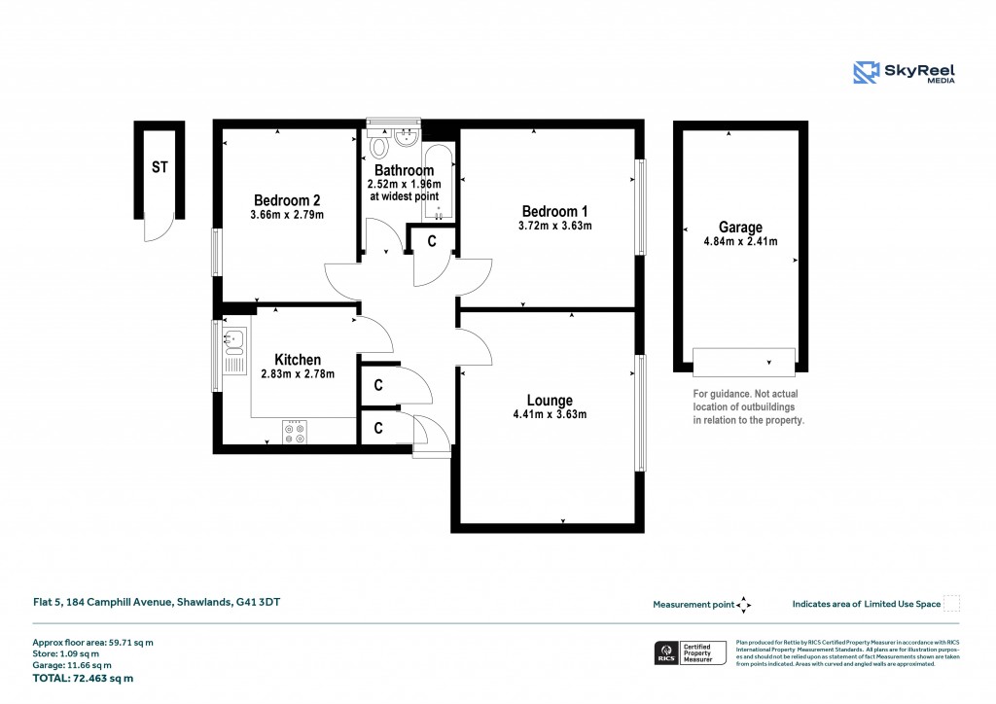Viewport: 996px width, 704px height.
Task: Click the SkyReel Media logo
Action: click(904, 73)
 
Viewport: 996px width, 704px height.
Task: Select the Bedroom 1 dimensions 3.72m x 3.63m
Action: click(554, 226)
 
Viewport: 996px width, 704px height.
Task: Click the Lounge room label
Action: click(550, 400)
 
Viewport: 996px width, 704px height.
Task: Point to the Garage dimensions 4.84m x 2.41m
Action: click(740, 242)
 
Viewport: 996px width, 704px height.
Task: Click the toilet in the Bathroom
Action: click(380, 147)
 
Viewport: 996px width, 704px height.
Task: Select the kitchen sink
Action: click(234, 341)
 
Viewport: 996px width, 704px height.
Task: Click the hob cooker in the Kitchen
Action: click(295, 431)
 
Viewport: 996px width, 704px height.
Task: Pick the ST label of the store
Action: click(160, 167)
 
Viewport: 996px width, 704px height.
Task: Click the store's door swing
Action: click(156, 229)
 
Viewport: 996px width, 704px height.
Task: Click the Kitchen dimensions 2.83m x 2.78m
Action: click(298, 374)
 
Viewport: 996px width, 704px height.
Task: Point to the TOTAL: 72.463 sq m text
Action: click(83, 678)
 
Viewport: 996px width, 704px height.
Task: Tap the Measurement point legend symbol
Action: click(744, 604)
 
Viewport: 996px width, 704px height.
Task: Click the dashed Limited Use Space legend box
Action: click(952, 604)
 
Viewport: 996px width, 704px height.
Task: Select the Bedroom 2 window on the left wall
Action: click(216, 253)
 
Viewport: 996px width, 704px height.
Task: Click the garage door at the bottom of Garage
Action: click(744, 362)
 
